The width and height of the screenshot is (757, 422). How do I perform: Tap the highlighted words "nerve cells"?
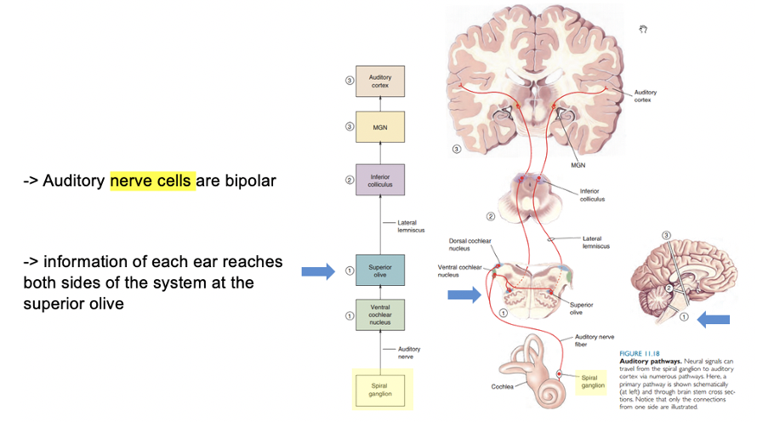(x=152, y=180)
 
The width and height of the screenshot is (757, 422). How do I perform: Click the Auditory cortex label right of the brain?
(x=645, y=95)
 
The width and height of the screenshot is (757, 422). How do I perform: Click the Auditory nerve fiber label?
(x=592, y=340)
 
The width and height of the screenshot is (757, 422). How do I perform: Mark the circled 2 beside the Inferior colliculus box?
(x=349, y=180)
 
